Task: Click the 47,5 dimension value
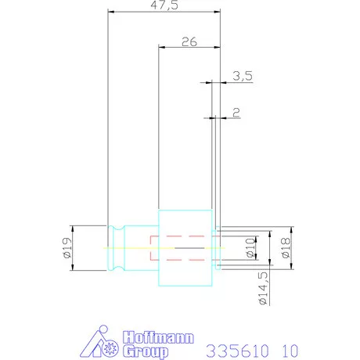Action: (x=164, y=5)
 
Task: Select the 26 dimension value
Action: (x=189, y=41)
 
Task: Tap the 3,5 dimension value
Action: (x=243, y=76)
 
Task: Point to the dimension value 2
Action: (x=236, y=113)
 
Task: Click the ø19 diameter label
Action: (x=67, y=247)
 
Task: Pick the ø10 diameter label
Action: (x=250, y=247)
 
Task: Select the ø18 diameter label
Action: (x=286, y=247)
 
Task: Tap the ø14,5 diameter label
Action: (x=263, y=288)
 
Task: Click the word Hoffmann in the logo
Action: (x=158, y=338)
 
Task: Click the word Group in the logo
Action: (x=146, y=351)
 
